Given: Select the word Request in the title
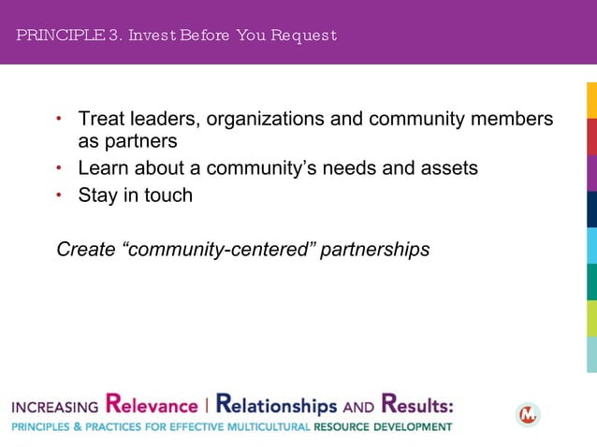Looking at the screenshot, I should point(304,36).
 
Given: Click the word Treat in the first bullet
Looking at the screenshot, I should point(101,120).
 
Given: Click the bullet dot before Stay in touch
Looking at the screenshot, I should point(59,195).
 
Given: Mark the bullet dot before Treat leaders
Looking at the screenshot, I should point(59,120).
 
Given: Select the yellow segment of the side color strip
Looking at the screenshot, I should point(591,101).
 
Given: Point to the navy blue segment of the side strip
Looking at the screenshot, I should point(591,209).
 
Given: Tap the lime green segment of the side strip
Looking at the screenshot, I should point(591,318).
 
